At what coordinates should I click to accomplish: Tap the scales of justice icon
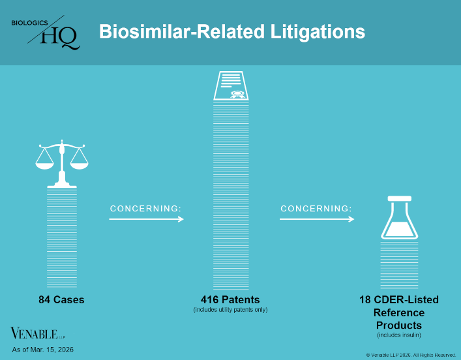[x=61, y=163]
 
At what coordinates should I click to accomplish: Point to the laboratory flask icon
[x=398, y=218]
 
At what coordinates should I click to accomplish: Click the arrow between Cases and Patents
[x=146, y=219]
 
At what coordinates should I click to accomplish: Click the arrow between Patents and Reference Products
[x=317, y=219]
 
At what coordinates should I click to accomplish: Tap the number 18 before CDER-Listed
[x=365, y=300]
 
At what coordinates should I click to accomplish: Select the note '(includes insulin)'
[x=398, y=335]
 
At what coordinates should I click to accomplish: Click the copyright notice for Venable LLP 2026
[x=411, y=354]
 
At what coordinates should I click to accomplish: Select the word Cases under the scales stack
[x=69, y=300]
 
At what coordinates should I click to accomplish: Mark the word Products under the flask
[x=398, y=325]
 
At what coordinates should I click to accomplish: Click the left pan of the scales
[x=44, y=162]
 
